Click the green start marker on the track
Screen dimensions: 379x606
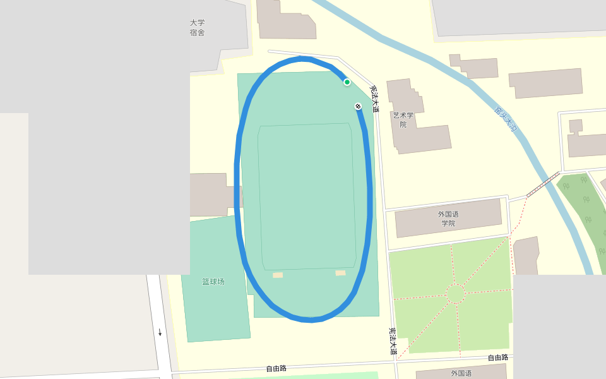(347, 82)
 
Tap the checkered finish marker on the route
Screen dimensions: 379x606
(358, 105)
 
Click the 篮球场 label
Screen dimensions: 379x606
(213, 282)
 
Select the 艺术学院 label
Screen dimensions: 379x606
(403, 120)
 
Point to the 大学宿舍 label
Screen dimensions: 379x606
(197, 28)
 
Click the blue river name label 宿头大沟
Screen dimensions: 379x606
(506, 119)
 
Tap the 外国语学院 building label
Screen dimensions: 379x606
(448, 219)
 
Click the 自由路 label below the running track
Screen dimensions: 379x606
(276, 368)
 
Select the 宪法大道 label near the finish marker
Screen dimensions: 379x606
(374, 99)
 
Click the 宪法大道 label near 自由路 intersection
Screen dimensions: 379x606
(393, 340)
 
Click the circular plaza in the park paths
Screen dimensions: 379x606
(455, 294)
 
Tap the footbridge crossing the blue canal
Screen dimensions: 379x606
(543, 184)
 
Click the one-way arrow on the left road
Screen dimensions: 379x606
(160, 332)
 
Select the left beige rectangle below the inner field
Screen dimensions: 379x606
(278, 275)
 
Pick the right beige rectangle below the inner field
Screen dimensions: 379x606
(340, 273)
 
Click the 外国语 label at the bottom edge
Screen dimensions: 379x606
(461, 373)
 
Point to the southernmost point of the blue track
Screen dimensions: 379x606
(311, 320)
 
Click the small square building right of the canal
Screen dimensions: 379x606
(575, 126)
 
